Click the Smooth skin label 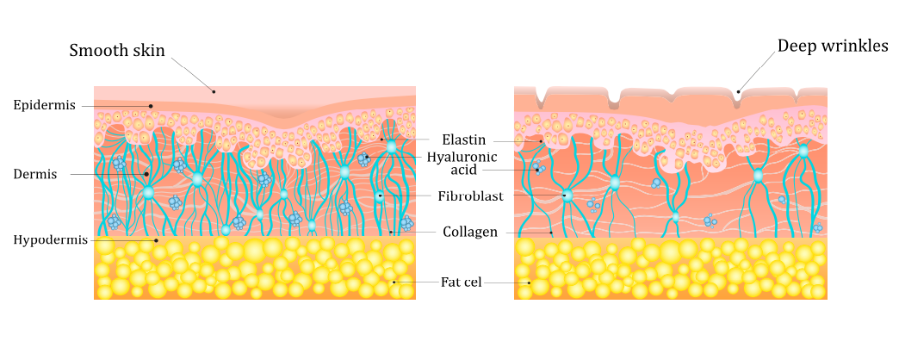[117, 51]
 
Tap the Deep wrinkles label [833, 46]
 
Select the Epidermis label [45, 105]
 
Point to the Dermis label [35, 174]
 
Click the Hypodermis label [51, 240]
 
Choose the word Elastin [464, 140]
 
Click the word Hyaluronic [462, 158]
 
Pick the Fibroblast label [471, 196]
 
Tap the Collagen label [470, 233]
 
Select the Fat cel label [461, 282]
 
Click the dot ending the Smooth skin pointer [214, 90]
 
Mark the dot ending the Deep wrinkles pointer [739, 90]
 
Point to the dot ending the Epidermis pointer [151, 106]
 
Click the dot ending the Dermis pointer [146, 174]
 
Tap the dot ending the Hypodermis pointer [156, 241]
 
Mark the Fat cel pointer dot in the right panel [530, 282]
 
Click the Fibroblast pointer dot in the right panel [567, 195]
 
